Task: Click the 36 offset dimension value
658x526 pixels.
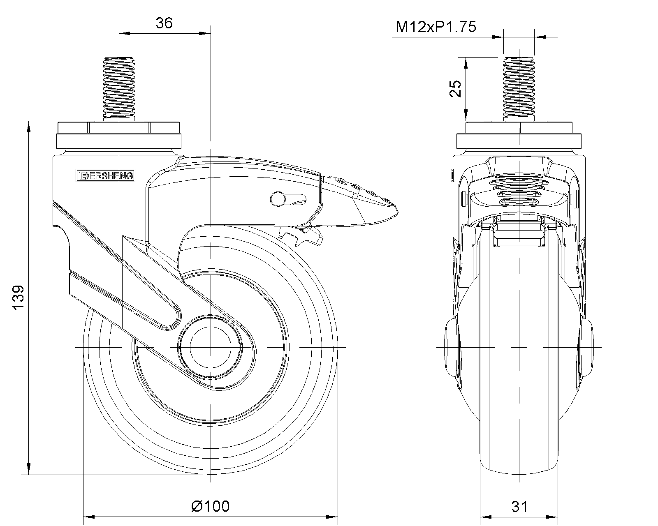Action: pyautogui.click(x=164, y=23)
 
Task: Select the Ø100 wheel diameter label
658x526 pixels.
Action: pyautogui.click(x=211, y=506)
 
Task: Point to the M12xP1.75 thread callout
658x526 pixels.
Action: pyautogui.click(x=436, y=27)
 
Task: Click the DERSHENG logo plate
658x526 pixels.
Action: pyautogui.click(x=105, y=175)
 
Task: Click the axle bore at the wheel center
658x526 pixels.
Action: pyautogui.click(x=210, y=347)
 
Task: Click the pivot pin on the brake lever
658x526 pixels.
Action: pyautogui.click(x=277, y=199)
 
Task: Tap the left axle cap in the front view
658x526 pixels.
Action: pyautogui.click(x=451, y=347)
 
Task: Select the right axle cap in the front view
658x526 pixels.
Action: pyautogui.click(x=587, y=347)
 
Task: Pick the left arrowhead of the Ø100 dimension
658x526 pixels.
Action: pyautogui.click(x=89, y=516)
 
